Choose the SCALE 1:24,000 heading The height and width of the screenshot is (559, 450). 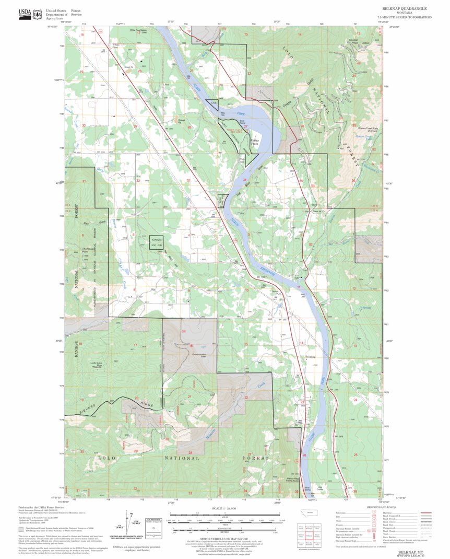coord(223,508)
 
